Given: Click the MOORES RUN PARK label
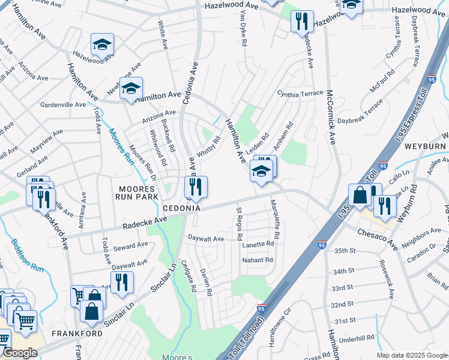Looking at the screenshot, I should tap(138, 192).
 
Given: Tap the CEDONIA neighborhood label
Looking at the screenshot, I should tap(181, 208).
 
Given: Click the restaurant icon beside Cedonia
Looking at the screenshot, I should tap(196, 187).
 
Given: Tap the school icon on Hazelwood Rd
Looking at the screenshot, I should tap(103, 45).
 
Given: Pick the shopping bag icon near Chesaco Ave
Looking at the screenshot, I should tap(360, 195).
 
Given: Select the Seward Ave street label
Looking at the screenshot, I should tap(131, 245).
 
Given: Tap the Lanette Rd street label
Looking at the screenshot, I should tap(258, 244).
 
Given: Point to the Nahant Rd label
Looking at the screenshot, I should tap(258, 260).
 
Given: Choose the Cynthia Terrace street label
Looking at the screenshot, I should tap(300, 94).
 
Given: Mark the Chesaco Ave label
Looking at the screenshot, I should tap(378, 239).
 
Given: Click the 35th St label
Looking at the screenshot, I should tap(345, 250).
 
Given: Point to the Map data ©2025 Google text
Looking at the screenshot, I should tap(412, 355).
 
